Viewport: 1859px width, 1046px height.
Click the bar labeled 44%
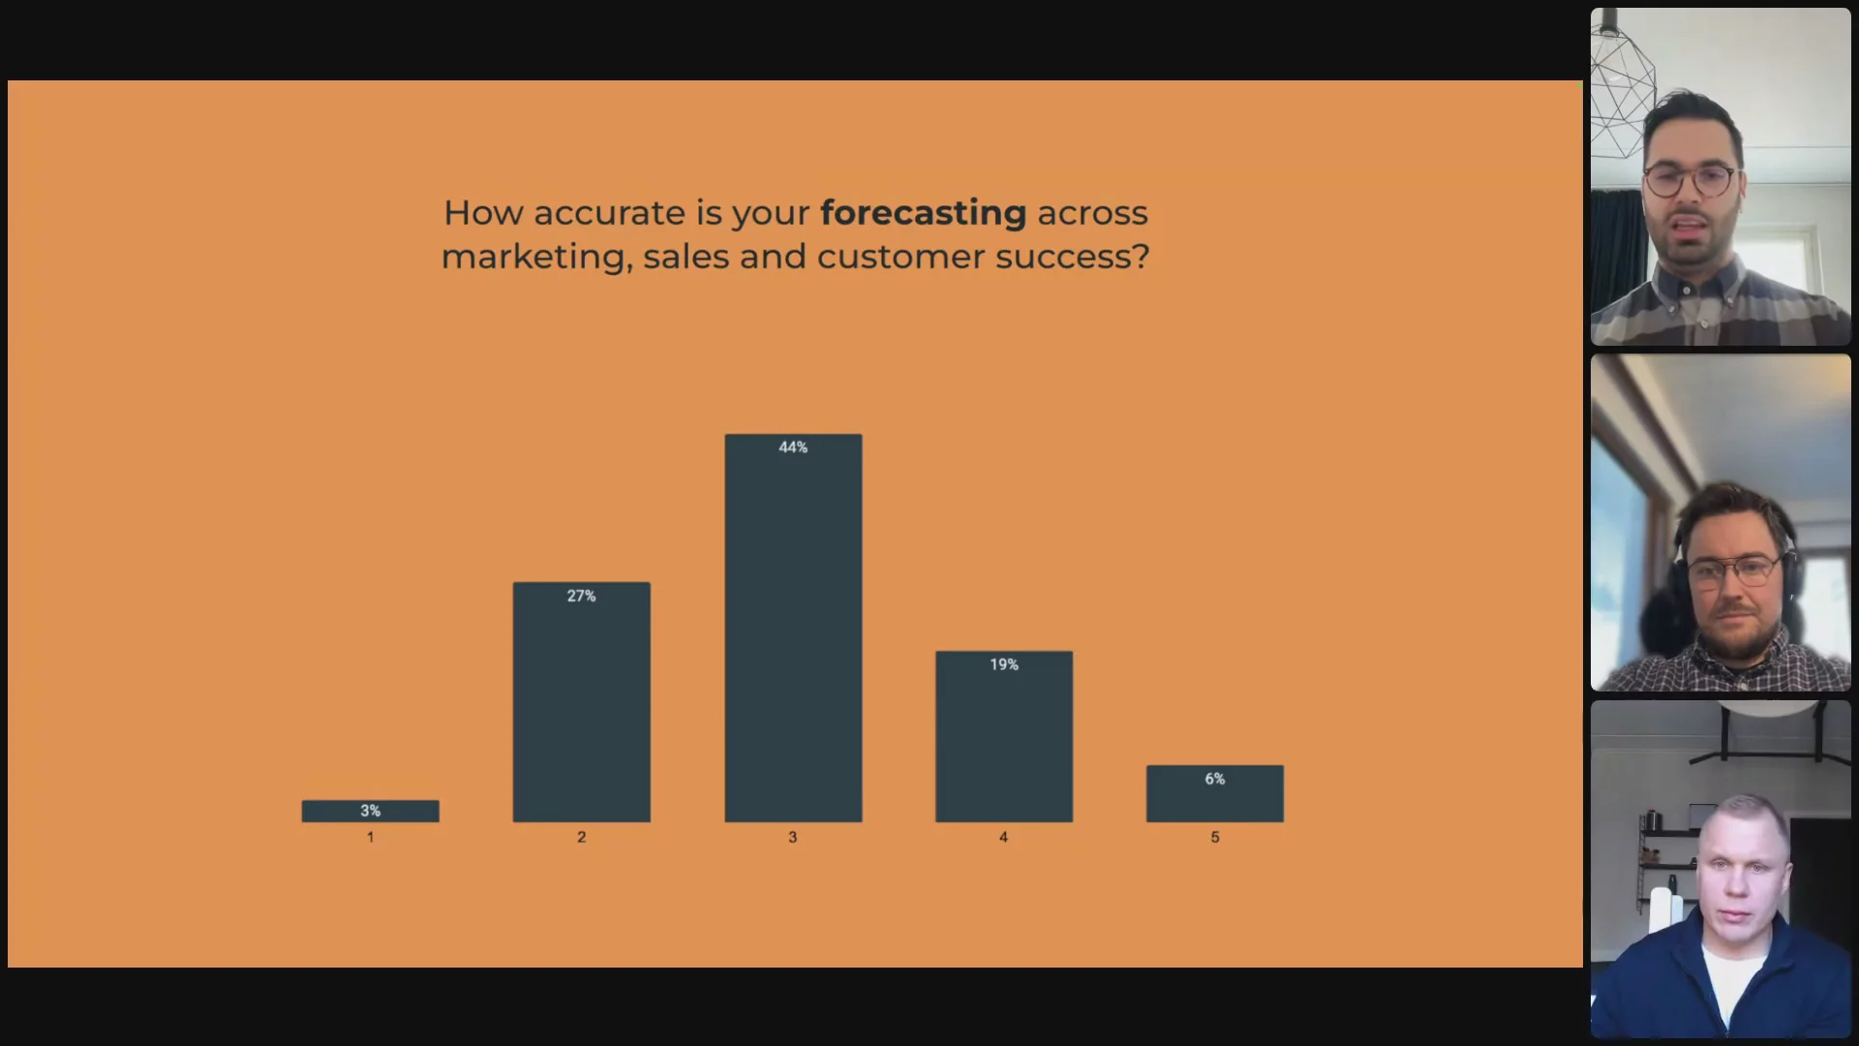[x=793, y=628]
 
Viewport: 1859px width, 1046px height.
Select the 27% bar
[x=582, y=702]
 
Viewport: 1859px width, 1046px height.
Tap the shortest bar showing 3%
[x=371, y=811]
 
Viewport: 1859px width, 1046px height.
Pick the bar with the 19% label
[x=1004, y=736]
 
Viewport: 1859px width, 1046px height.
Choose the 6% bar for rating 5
[x=1215, y=793]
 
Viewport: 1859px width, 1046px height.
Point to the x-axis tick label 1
[x=370, y=837]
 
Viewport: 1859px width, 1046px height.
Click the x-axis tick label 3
[x=793, y=837]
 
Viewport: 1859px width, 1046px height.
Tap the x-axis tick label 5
[x=1215, y=837]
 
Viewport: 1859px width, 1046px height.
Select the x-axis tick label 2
[x=582, y=837]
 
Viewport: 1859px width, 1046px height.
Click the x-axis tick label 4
[x=1004, y=837]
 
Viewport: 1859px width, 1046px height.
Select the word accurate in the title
[x=609, y=213]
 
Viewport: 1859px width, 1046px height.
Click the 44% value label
[x=793, y=446]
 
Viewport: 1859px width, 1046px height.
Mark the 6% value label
[x=1215, y=779]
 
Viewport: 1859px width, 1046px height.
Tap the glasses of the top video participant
[x=1690, y=180]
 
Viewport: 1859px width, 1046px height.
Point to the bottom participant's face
[x=1738, y=877]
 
